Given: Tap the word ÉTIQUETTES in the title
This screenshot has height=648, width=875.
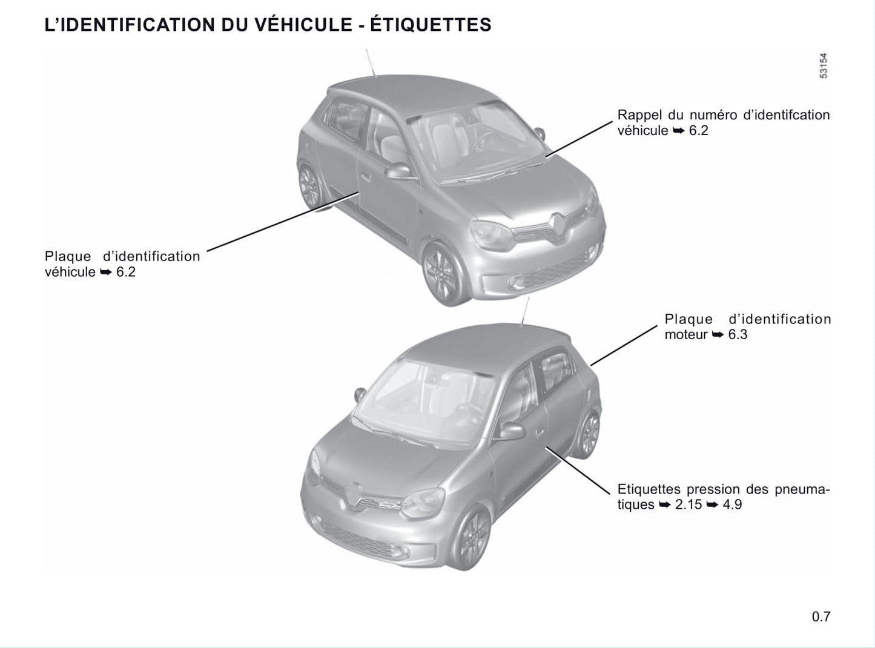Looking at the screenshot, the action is [x=431, y=24].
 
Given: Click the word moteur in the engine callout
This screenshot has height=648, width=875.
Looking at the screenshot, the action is [x=686, y=335].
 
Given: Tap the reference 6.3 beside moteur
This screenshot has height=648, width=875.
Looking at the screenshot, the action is [x=738, y=335].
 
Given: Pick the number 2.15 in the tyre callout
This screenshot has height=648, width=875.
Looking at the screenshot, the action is [x=688, y=504].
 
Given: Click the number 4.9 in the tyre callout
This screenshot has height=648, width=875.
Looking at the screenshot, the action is [x=732, y=504].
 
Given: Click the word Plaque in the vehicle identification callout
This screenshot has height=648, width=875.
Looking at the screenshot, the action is [x=68, y=257].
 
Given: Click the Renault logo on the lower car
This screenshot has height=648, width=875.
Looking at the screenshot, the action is [x=354, y=495].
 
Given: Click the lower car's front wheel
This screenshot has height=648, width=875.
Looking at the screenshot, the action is [x=472, y=538].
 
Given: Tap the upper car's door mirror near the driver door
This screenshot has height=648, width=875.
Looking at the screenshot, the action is [x=399, y=171].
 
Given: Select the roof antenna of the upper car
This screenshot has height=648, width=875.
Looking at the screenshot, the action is [x=371, y=62].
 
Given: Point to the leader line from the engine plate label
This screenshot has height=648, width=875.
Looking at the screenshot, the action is [x=624, y=346].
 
